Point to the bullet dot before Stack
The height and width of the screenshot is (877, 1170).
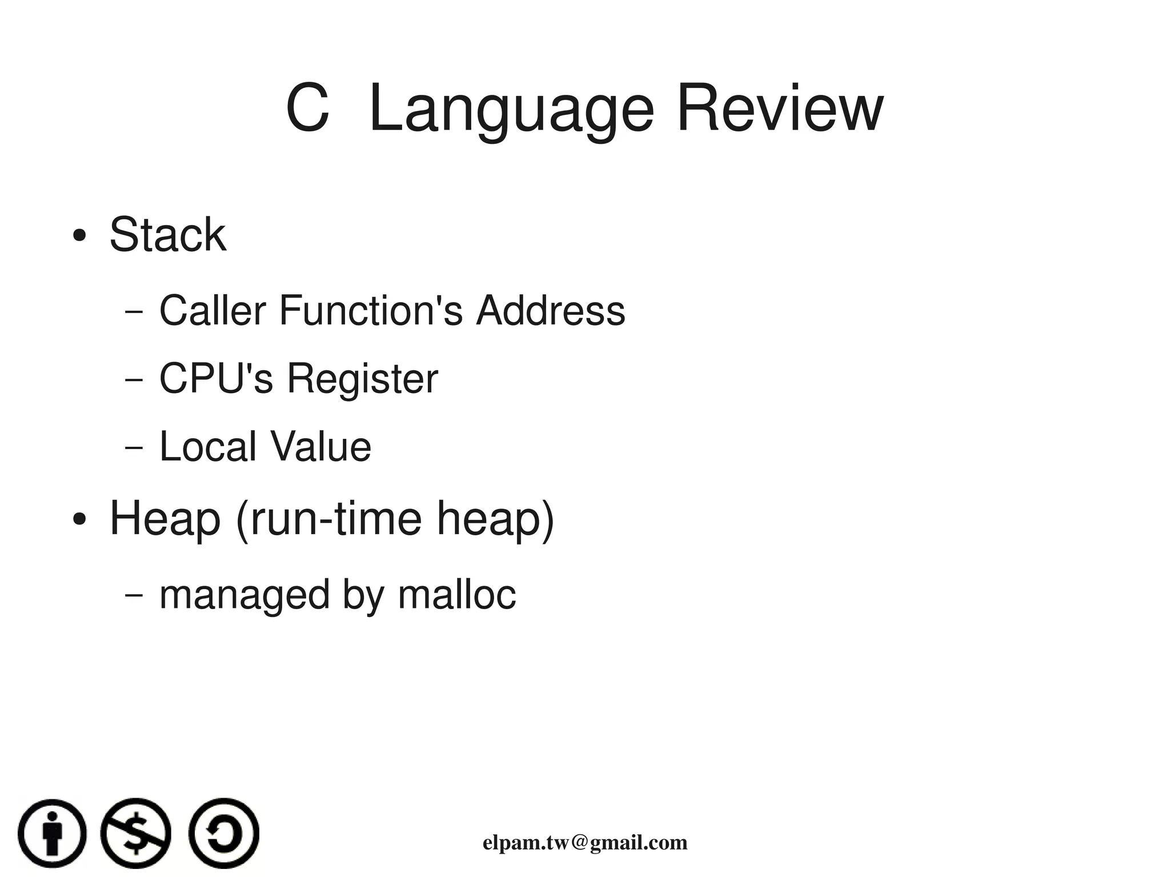click(x=79, y=235)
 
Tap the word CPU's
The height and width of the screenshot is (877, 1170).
click(x=216, y=378)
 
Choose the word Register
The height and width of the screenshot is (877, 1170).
click(x=362, y=379)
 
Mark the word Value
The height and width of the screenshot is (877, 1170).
click(x=320, y=446)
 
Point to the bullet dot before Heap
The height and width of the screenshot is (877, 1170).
click(x=79, y=519)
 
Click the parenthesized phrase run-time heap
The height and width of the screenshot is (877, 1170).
click(x=395, y=518)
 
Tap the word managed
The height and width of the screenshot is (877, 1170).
click(x=245, y=595)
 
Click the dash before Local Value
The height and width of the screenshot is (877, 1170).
click(x=133, y=447)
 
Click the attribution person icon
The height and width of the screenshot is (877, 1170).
click(x=52, y=833)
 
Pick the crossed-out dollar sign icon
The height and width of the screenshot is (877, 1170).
click(x=135, y=833)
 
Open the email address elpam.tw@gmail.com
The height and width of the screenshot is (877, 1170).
click(x=585, y=843)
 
